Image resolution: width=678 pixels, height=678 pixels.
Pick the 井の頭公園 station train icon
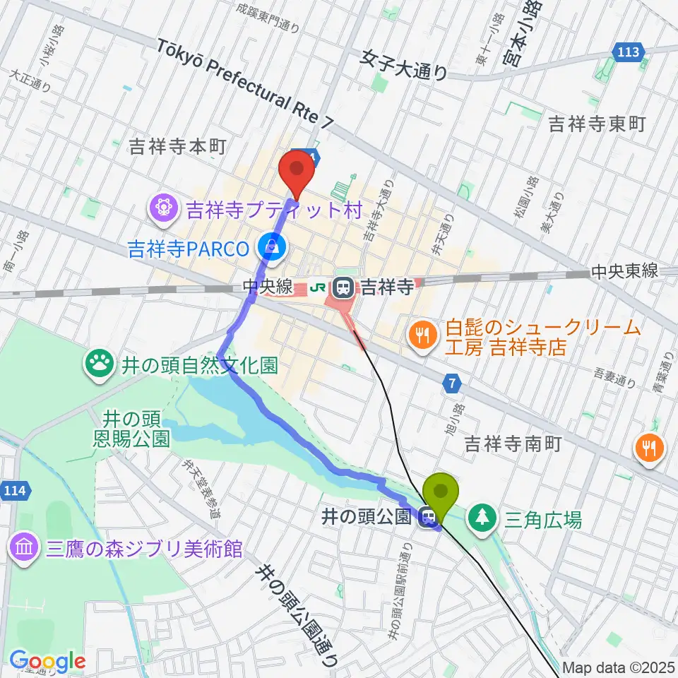[x=427, y=518]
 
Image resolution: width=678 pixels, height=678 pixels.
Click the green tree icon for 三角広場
[x=482, y=519]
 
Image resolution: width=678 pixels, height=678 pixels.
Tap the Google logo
[x=47, y=662]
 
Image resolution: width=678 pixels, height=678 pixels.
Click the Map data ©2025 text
[x=619, y=667]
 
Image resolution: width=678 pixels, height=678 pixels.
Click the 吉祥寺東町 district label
[x=597, y=125]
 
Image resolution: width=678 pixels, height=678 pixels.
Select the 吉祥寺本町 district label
[x=177, y=146]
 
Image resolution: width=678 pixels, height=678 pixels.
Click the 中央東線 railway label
[x=624, y=270]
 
